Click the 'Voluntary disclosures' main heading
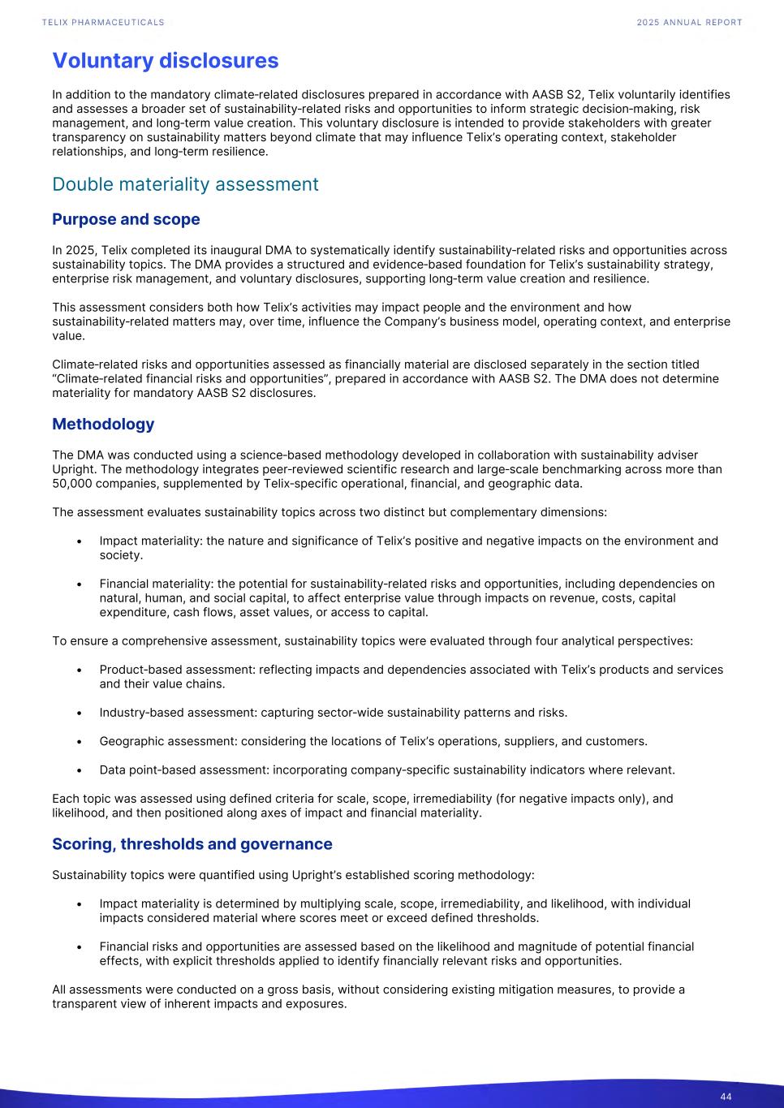[165, 61]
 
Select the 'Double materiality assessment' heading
[185, 184]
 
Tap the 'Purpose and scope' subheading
[126, 219]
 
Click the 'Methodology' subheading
[103, 424]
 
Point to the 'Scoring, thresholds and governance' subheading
[192, 844]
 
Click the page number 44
[726, 1097]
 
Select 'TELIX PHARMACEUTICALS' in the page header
[103, 23]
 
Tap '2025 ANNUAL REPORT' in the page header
[689, 23]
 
